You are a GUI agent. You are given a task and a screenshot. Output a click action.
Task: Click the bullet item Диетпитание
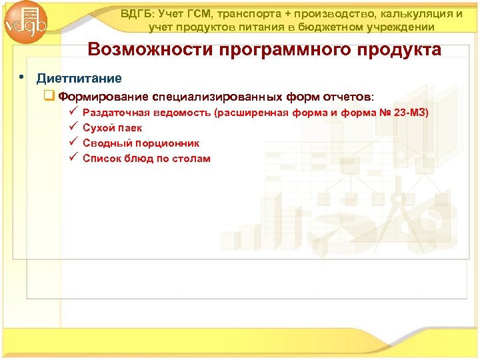click(x=79, y=79)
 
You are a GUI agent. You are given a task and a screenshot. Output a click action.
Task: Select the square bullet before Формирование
click(x=49, y=95)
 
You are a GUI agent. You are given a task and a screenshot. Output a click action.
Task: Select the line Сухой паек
click(x=112, y=127)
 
